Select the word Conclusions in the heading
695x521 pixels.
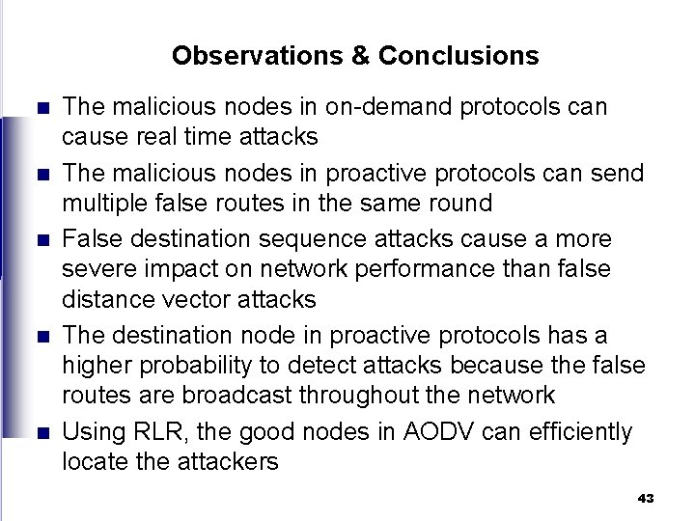coord(459,56)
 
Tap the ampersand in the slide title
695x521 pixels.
coord(361,56)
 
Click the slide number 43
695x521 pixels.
coord(646,498)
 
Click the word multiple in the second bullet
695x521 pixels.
coord(102,204)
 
